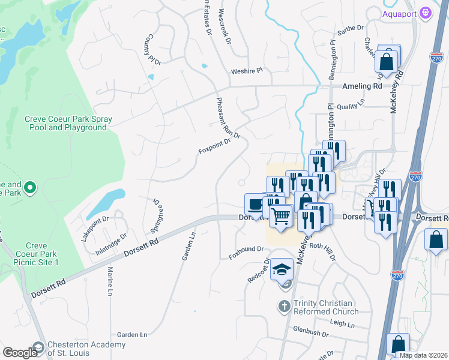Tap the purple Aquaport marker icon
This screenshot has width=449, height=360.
coord(426,12)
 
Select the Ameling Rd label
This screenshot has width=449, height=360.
coord(362,86)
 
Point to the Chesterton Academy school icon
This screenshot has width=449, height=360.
coord(39,347)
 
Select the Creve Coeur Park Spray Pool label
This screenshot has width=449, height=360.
coord(66,123)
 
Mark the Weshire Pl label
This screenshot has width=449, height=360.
coord(247,71)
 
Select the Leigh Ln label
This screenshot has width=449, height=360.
coord(342,323)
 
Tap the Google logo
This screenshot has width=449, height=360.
coord(19,353)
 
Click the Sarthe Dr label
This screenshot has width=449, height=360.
coord(351,29)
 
